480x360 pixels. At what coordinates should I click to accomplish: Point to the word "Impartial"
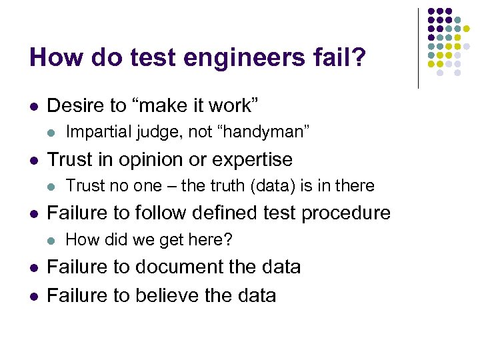click(x=94, y=132)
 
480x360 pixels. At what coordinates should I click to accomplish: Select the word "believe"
click(x=170, y=295)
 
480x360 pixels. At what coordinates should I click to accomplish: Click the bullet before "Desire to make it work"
click(x=33, y=106)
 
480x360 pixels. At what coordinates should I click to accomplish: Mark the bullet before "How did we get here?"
click(x=53, y=240)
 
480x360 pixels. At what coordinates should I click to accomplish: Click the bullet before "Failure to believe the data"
click(x=33, y=295)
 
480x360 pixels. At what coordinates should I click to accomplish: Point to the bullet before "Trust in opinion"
click(x=33, y=160)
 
